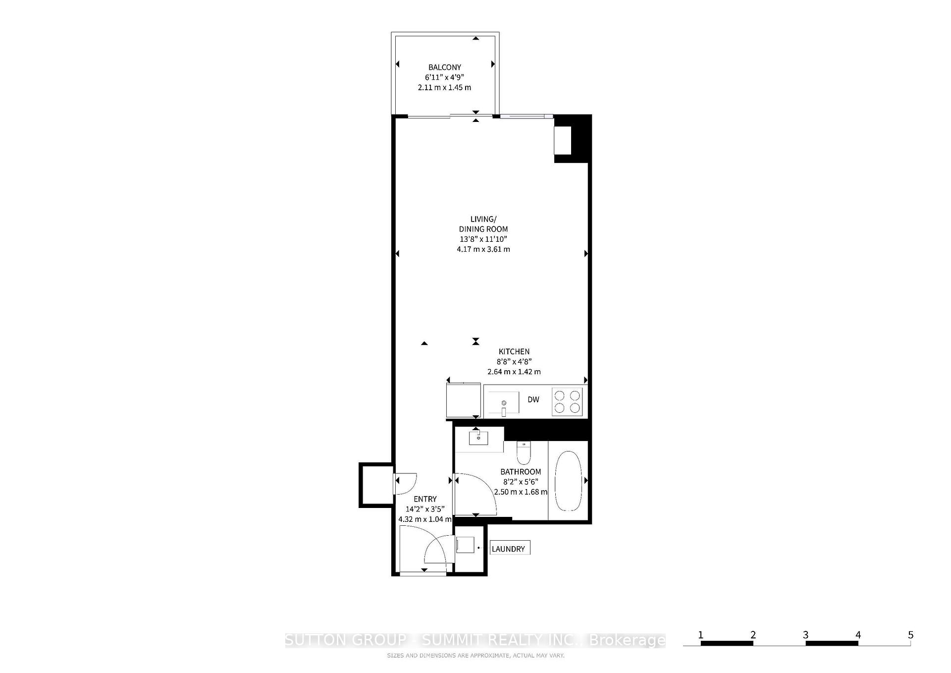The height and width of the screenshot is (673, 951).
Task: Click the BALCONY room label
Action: coord(444,67)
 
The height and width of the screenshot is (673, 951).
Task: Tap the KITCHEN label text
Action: coord(514,351)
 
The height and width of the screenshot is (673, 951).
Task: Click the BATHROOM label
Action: coord(521,472)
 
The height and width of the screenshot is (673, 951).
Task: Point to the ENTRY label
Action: coord(425,499)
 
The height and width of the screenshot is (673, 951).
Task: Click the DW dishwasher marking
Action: coord(533,399)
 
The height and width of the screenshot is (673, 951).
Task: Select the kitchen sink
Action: coord(503,402)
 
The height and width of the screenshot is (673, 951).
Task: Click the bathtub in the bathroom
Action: coord(568,481)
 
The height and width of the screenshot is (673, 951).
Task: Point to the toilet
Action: coord(524,452)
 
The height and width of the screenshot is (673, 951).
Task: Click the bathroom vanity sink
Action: coord(478,438)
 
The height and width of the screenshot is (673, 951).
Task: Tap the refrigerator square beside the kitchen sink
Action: coord(463,400)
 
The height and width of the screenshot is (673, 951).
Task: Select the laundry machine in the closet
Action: coord(465,545)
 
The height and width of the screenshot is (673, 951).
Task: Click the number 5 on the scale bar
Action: coord(910,635)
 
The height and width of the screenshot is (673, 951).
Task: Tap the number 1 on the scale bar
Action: coord(701,635)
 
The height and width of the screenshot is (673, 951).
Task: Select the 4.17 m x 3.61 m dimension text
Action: coord(483,249)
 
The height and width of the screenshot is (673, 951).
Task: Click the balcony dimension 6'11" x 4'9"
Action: coord(444,77)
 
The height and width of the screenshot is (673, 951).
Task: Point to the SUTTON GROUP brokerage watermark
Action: coord(475,640)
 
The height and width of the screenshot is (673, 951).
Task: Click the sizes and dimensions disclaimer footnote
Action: coord(475,656)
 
